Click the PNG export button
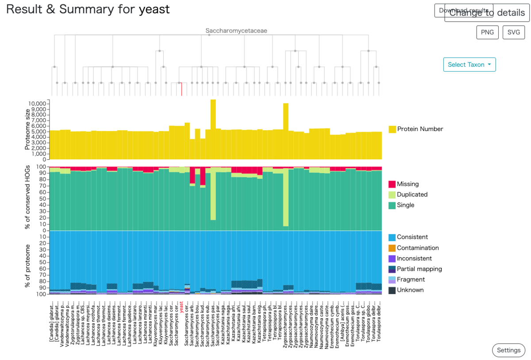click(487, 32)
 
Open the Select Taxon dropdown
click(469, 65)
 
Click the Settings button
click(508, 350)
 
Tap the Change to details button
click(487, 12)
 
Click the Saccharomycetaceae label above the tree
click(236, 31)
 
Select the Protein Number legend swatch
click(392, 129)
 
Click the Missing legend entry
click(408, 184)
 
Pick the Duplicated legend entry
click(412, 194)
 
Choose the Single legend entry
click(405, 205)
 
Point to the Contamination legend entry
click(418, 248)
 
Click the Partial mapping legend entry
click(419, 269)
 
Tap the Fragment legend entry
click(411, 279)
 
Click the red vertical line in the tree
click(181, 89)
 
